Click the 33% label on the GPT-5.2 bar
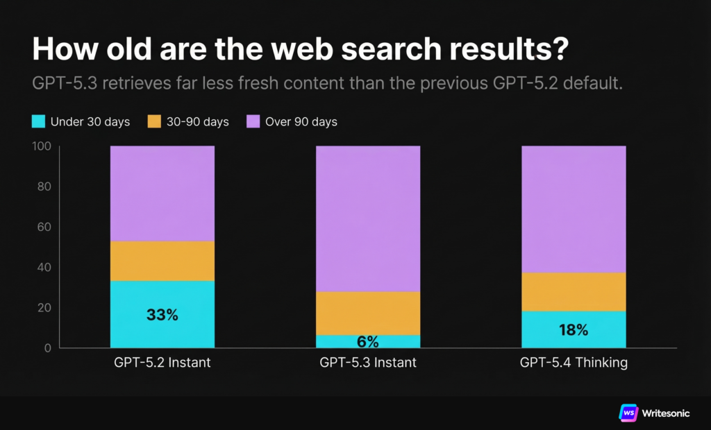click(x=162, y=314)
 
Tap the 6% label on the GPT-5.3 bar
click(x=368, y=341)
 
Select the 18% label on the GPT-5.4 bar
click(x=574, y=329)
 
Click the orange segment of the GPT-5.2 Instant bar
click(x=162, y=261)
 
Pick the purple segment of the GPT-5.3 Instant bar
click(x=368, y=218)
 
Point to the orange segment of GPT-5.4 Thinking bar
click(x=574, y=291)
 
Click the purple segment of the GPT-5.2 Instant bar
click(x=162, y=193)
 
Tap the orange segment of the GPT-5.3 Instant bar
click(x=368, y=313)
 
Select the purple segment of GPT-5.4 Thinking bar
click(x=574, y=209)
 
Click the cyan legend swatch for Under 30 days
click(x=38, y=122)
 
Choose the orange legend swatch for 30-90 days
click(x=154, y=122)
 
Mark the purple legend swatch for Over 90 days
click(x=253, y=122)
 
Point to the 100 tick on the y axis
click(x=42, y=146)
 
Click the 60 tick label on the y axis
click(x=44, y=227)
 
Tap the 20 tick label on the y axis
click(x=44, y=307)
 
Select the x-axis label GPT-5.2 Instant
click(x=162, y=363)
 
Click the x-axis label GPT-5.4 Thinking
click(x=574, y=363)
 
